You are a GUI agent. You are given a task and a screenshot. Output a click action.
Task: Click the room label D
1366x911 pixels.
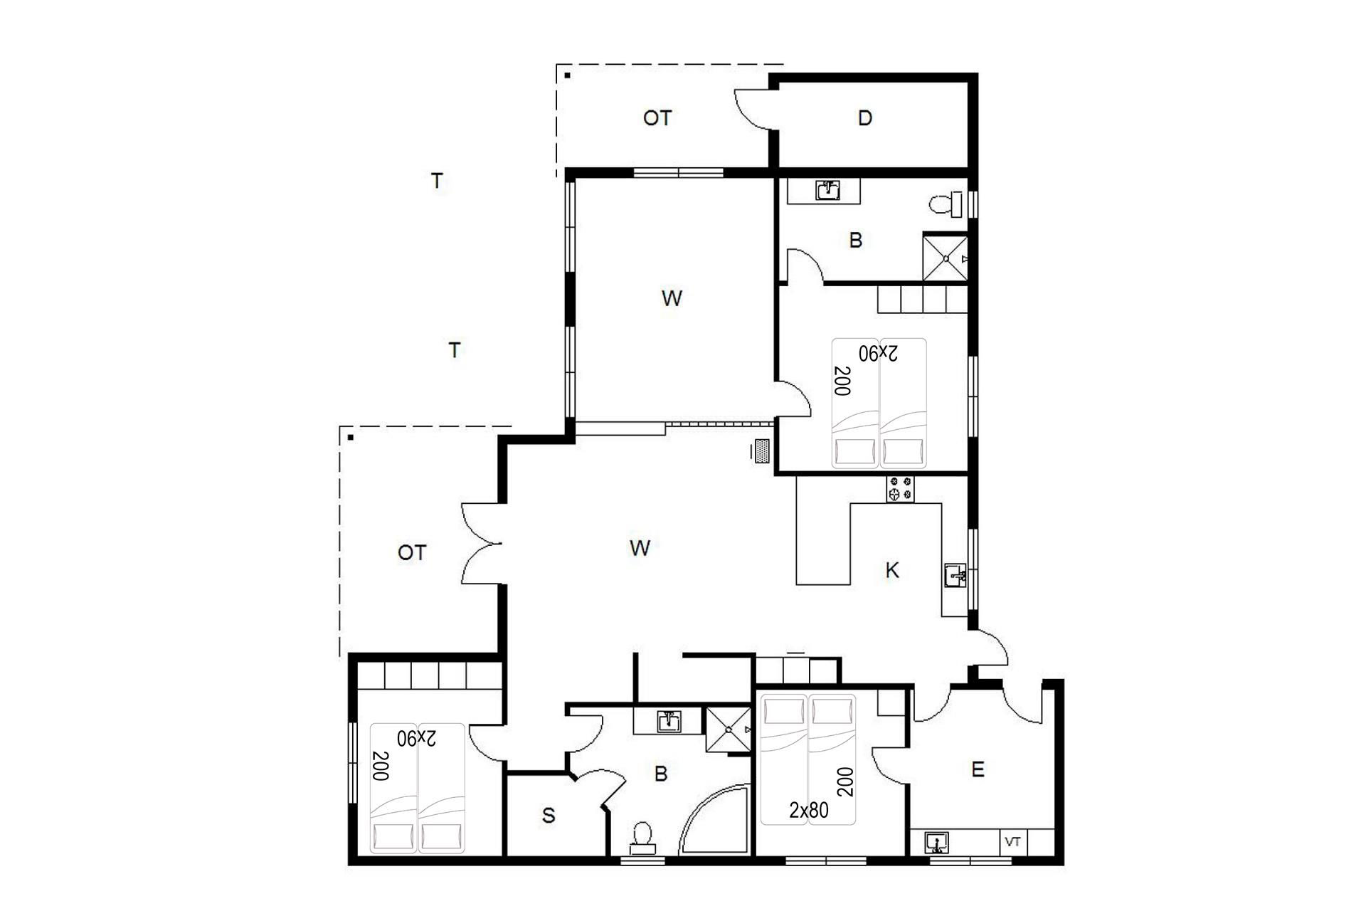pyautogui.click(x=864, y=118)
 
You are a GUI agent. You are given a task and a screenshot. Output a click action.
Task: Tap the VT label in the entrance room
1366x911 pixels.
pyautogui.click(x=1013, y=842)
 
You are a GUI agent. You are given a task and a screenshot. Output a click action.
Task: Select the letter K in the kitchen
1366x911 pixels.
pyautogui.click(x=892, y=570)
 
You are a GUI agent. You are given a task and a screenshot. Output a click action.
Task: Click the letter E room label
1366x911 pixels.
pyautogui.click(x=978, y=769)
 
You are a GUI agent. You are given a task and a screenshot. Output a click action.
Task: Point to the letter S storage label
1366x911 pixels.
pyautogui.click(x=548, y=816)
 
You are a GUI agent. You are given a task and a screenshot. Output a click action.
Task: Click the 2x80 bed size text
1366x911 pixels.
pyautogui.click(x=809, y=810)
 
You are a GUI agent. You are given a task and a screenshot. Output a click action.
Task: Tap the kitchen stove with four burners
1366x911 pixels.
pyautogui.click(x=900, y=489)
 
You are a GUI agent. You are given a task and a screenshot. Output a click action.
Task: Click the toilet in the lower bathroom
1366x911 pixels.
pyautogui.click(x=642, y=838)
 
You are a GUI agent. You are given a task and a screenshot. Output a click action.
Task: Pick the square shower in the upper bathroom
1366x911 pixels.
pyautogui.click(x=946, y=258)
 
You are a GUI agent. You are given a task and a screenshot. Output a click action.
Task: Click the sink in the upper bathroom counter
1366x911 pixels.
pyautogui.click(x=827, y=191)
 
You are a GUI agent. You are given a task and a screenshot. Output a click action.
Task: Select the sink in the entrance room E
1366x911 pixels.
pyautogui.click(x=938, y=843)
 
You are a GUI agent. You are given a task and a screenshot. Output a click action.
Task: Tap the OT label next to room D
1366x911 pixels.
pyautogui.click(x=657, y=118)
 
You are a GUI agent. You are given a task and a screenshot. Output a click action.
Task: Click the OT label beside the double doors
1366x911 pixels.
pyautogui.click(x=412, y=552)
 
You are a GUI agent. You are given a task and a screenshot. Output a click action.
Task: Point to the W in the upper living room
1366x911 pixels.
pyautogui.click(x=672, y=298)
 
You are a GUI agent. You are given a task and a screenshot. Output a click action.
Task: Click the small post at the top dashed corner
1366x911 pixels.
pyautogui.click(x=567, y=75)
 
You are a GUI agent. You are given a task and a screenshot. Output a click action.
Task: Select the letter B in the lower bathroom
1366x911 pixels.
pyautogui.click(x=661, y=774)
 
